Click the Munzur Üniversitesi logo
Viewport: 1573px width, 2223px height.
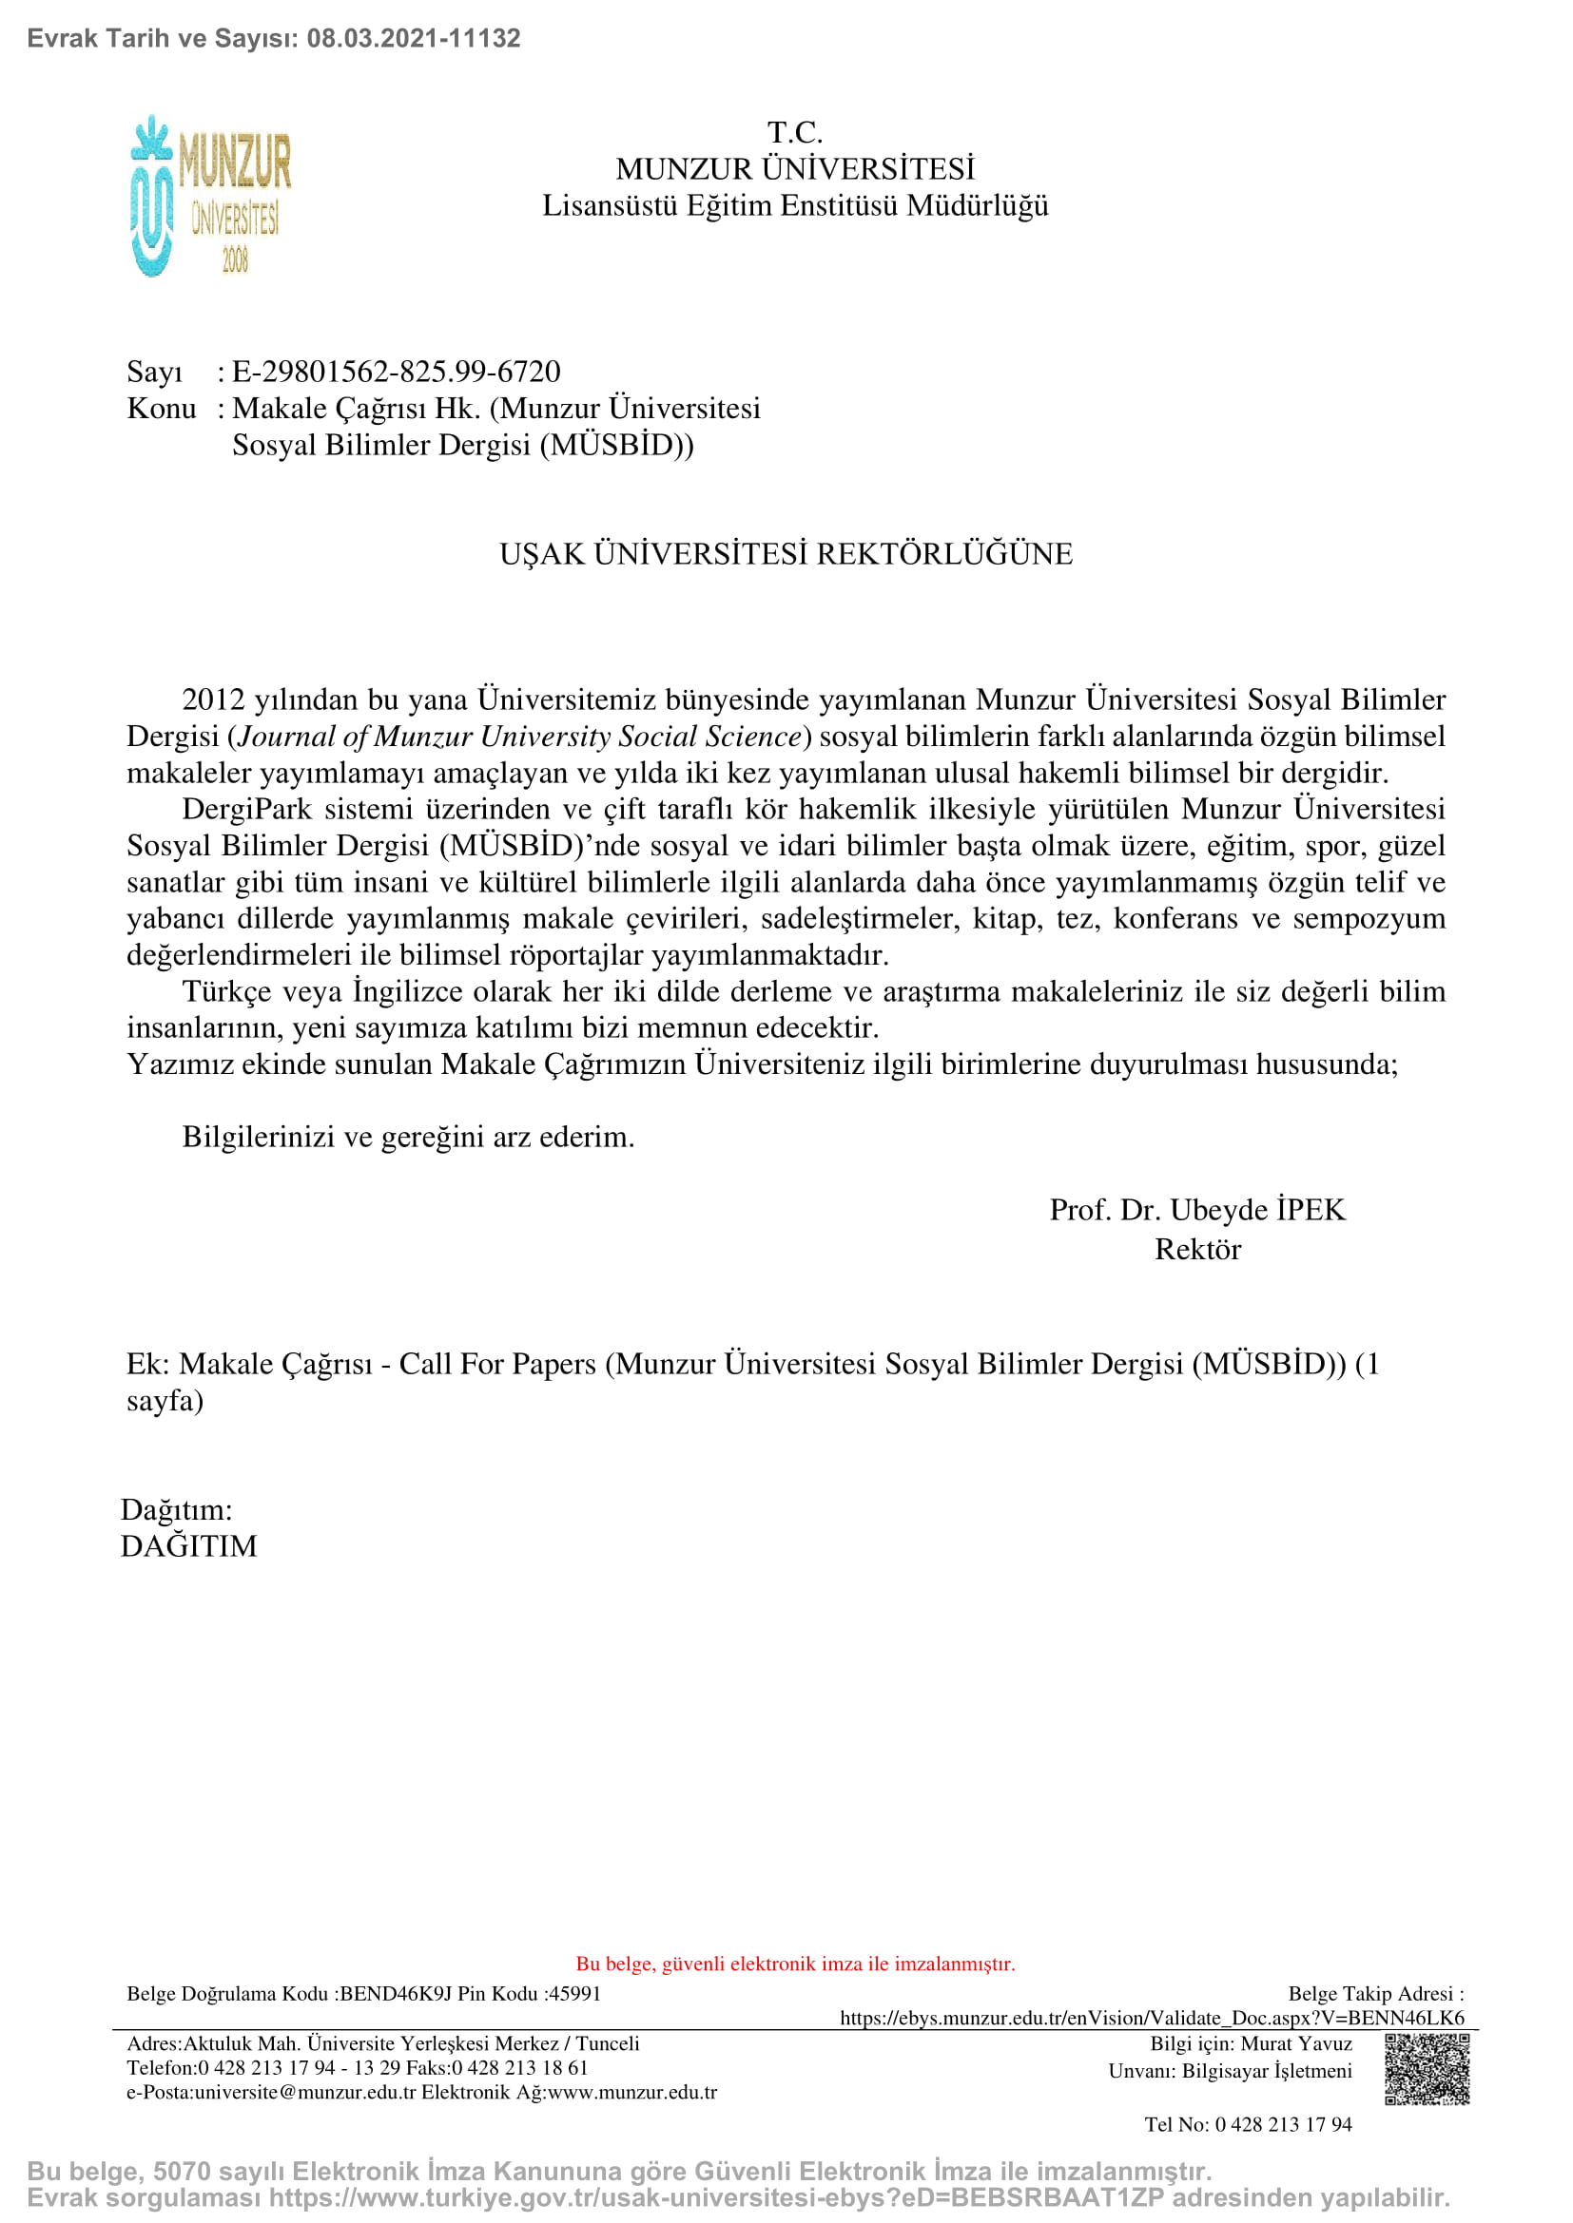tap(210, 197)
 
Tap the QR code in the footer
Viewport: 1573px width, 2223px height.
tap(1426, 2069)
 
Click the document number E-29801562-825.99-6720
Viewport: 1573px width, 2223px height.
tap(397, 372)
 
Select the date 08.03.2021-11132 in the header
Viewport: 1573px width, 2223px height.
tap(414, 39)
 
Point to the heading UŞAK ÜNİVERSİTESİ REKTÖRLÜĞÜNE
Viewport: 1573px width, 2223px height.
tap(786, 554)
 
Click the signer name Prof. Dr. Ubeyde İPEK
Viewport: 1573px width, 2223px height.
tap(1197, 1210)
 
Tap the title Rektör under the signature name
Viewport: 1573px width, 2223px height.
tap(1197, 1250)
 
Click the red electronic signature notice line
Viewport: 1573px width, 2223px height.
tap(795, 1964)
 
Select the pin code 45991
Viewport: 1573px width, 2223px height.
tap(575, 1994)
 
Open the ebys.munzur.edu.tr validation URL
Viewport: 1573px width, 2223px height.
tap(1152, 2018)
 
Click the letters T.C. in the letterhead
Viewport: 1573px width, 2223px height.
tap(794, 133)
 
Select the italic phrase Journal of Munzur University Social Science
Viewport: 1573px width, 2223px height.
tap(520, 737)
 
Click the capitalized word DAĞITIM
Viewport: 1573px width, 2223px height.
tap(189, 1546)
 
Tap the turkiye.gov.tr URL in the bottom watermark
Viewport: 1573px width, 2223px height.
tap(716, 2198)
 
